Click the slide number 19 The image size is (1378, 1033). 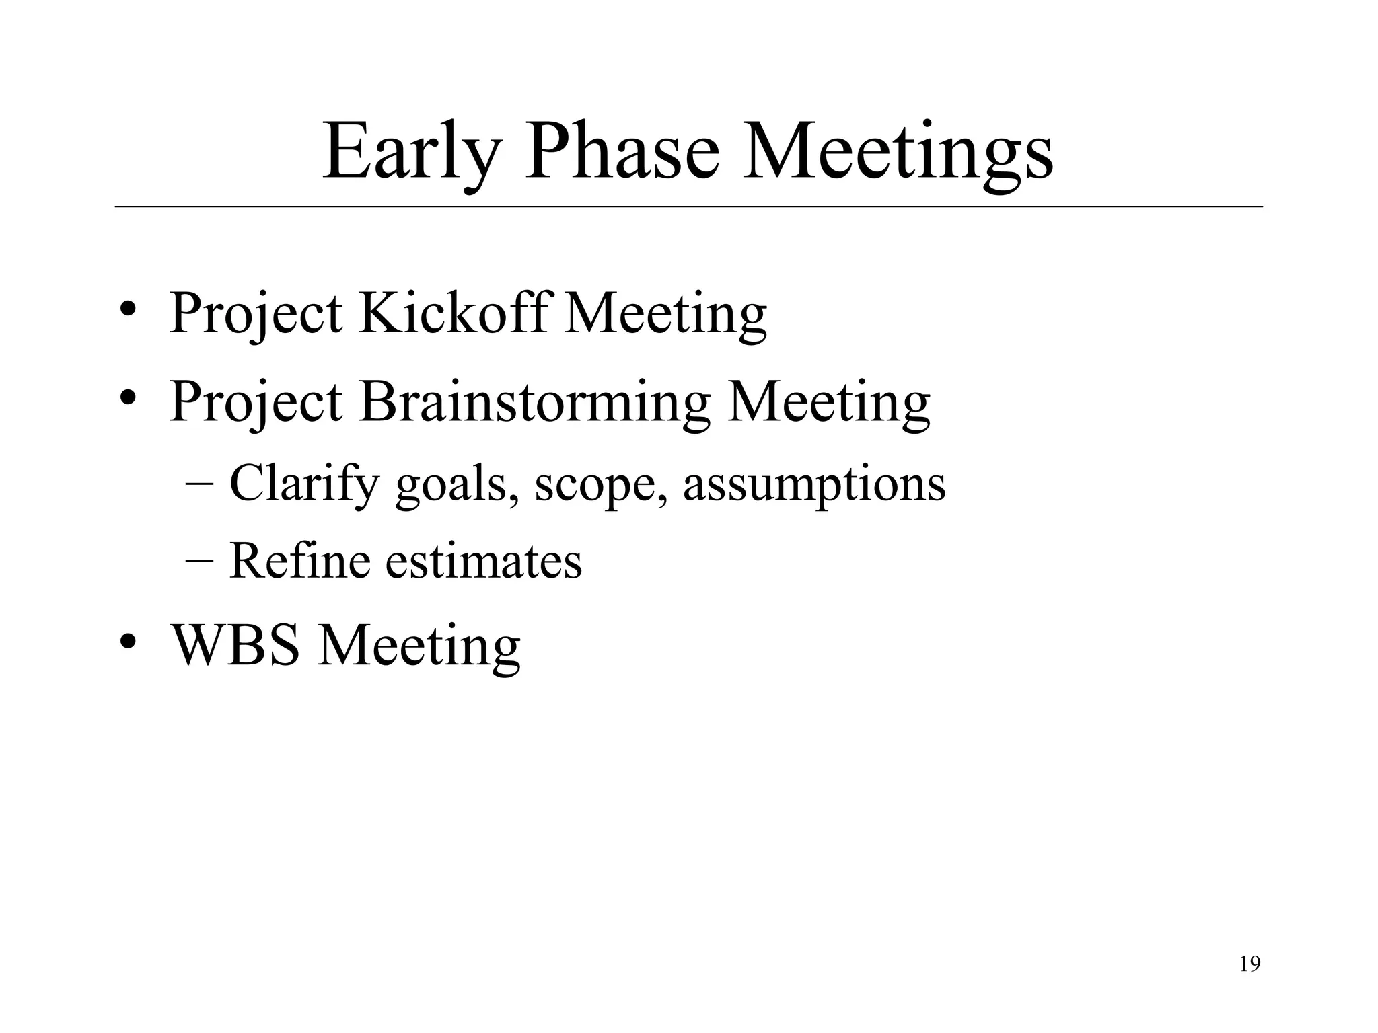(1249, 965)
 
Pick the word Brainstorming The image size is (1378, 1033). (534, 402)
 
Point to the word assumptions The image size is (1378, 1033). (814, 484)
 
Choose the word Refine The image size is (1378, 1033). (299, 560)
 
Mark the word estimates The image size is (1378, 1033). (483, 560)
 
